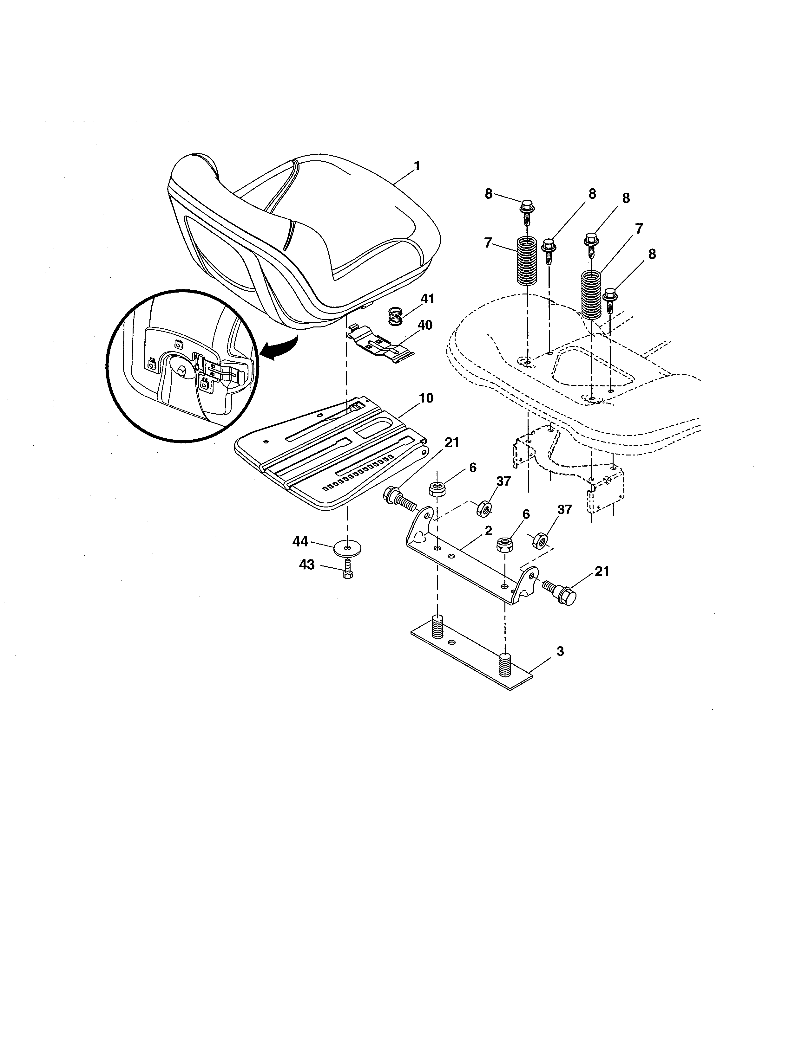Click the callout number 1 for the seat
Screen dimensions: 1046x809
click(x=417, y=166)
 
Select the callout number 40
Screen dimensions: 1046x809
click(x=424, y=325)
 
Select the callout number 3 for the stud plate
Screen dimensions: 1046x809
click(x=560, y=651)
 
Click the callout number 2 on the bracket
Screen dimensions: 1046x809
click(x=488, y=531)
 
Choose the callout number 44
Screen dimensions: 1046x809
click(x=300, y=541)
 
